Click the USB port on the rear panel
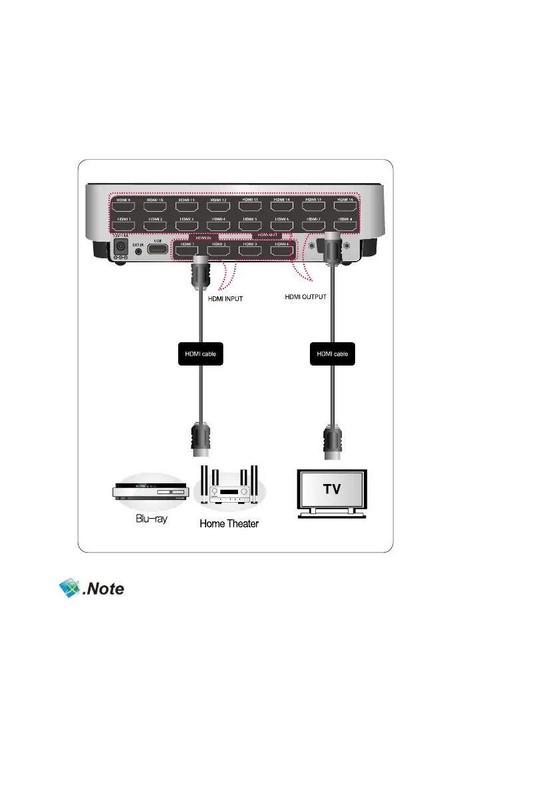[x=157, y=250]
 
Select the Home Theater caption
[x=229, y=524]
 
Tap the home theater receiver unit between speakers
[x=228, y=493]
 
